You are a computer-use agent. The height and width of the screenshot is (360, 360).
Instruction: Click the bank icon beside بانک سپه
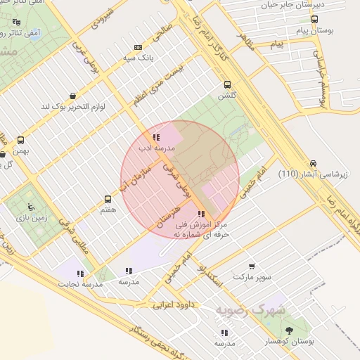pyautogui.click(x=138, y=48)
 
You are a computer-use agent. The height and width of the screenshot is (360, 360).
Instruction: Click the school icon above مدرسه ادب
pyautogui.click(x=155, y=137)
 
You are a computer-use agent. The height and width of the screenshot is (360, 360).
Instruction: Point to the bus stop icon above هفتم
pyautogui.click(x=108, y=199)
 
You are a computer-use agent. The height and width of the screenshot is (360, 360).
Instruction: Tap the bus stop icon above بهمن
pyautogui.click(x=20, y=140)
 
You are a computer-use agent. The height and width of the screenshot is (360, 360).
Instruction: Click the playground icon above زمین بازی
pyautogui.click(x=30, y=207)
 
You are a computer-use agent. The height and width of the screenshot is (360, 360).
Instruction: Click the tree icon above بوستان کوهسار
pyautogui.click(x=289, y=329)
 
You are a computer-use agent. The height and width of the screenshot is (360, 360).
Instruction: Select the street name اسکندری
pyautogui.click(x=210, y=276)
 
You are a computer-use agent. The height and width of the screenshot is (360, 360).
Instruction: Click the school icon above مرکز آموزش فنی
pyautogui.click(x=202, y=214)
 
